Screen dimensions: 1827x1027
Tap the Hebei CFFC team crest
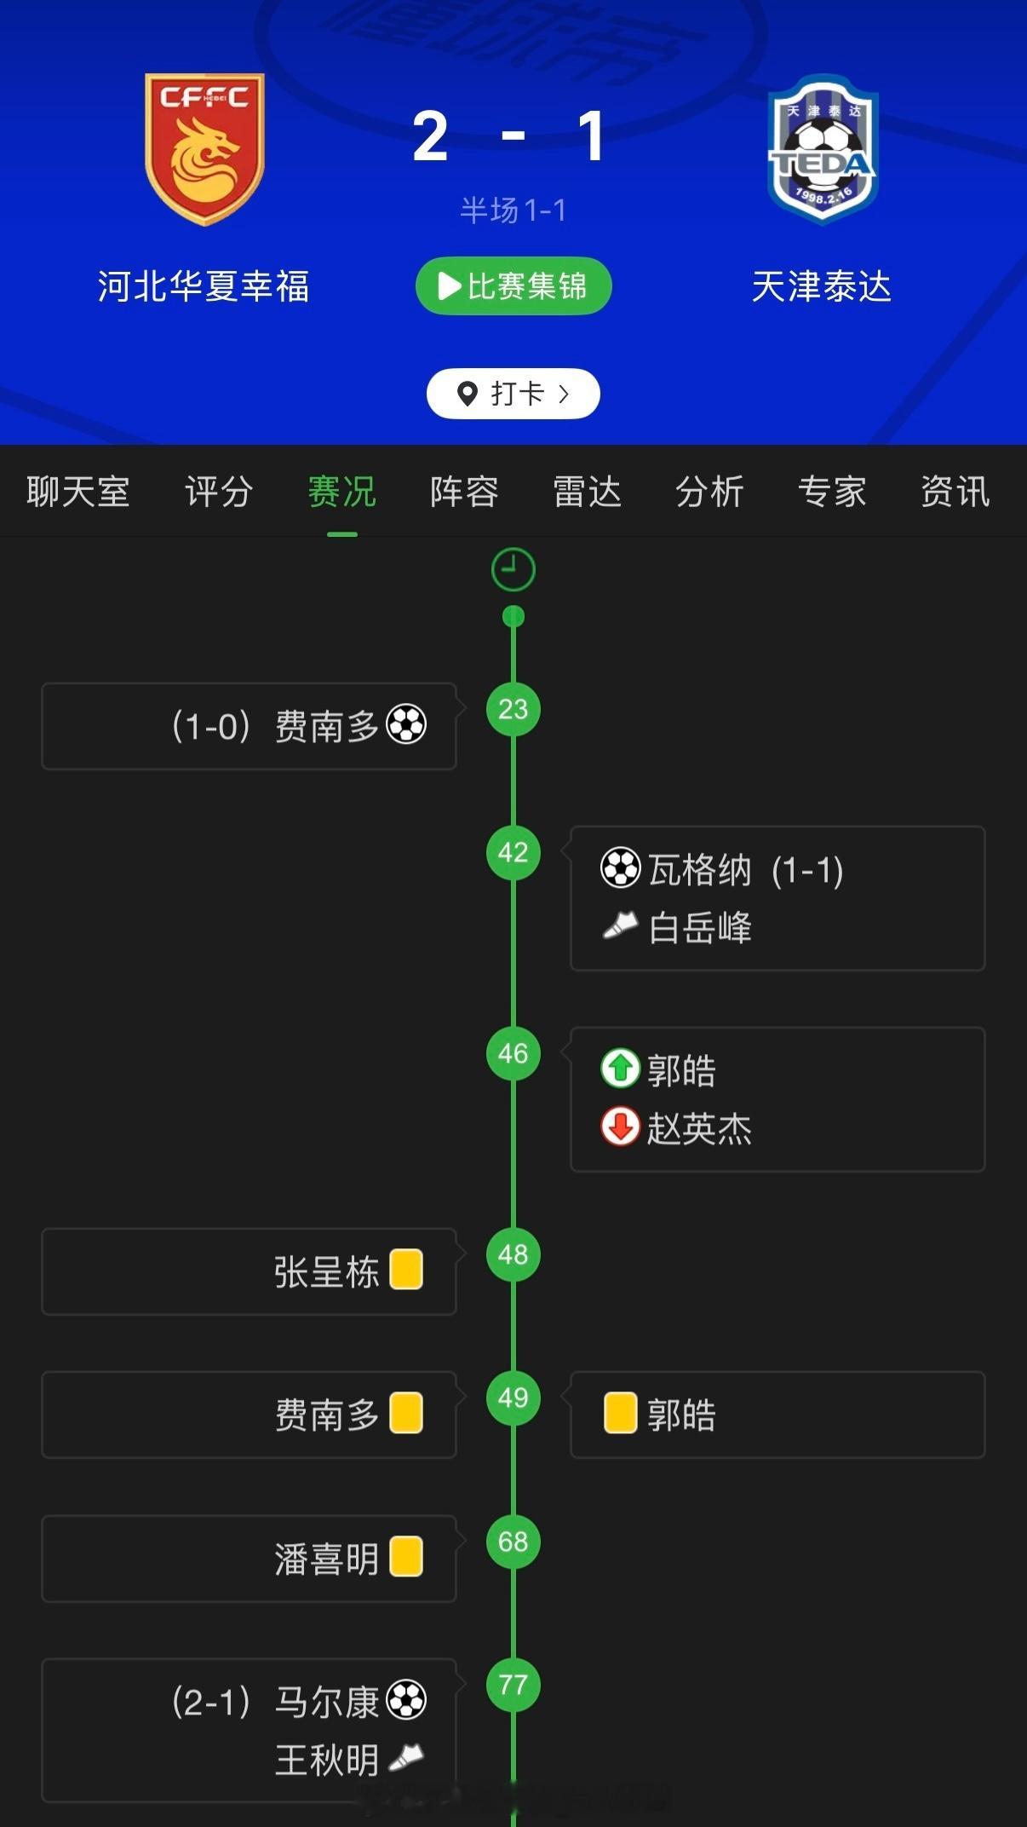click(x=204, y=149)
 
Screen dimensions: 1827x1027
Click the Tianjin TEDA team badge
click(x=822, y=149)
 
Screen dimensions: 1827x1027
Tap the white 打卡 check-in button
click(x=513, y=394)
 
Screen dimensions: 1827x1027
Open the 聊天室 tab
click(x=77, y=492)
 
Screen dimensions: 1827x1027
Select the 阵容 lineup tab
click(x=464, y=492)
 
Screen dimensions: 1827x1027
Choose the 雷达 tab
click(x=587, y=492)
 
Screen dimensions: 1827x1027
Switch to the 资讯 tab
click(x=955, y=492)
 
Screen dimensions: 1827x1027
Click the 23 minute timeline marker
click(x=513, y=709)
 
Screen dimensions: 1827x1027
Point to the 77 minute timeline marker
click(x=513, y=1685)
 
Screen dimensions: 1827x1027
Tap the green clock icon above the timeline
click(x=513, y=569)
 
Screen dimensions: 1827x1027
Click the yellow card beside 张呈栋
click(x=406, y=1270)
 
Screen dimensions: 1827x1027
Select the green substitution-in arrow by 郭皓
click(x=620, y=1069)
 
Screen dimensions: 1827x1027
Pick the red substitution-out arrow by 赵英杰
click(x=620, y=1127)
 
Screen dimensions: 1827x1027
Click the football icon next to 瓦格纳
click(x=620, y=868)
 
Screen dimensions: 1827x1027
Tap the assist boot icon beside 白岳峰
click(x=620, y=925)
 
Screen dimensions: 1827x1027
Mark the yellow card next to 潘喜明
click(x=406, y=1557)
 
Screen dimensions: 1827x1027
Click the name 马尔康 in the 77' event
click(x=326, y=1702)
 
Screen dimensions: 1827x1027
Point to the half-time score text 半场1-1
click(x=513, y=210)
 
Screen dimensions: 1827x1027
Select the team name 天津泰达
click(x=822, y=286)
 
